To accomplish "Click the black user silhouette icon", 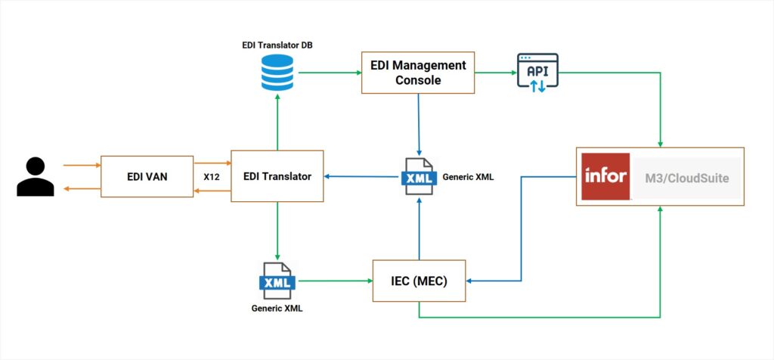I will [36, 177].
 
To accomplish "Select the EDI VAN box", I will [147, 177].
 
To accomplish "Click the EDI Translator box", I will [277, 176].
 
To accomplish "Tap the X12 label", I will [212, 177].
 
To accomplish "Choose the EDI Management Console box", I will [417, 73].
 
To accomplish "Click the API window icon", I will [537, 73].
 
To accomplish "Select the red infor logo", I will [605, 176].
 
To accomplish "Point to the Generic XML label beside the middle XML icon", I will [469, 177].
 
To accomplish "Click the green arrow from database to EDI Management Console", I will [329, 73].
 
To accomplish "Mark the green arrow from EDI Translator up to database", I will [278, 125].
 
